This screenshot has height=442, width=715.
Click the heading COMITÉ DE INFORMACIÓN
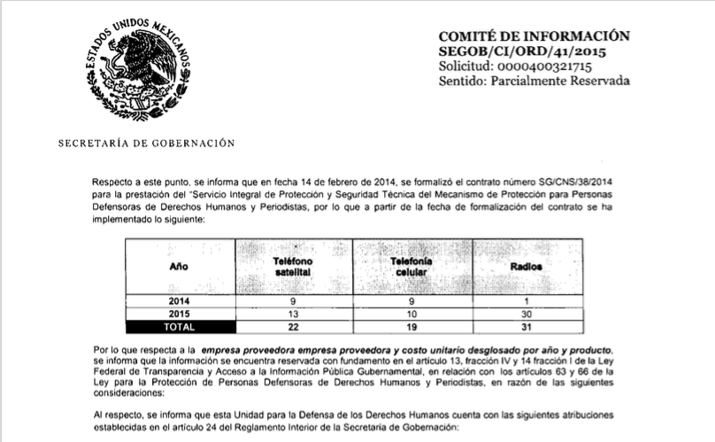[534, 36]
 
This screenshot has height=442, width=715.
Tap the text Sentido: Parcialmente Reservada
[534, 81]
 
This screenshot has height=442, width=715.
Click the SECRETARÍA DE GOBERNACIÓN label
[146, 143]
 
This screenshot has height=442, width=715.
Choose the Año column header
[179, 266]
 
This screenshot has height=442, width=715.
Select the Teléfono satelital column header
[292, 266]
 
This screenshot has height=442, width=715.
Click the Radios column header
[527, 266]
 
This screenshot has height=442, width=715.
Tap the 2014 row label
[180, 301]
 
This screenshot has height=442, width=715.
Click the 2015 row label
[180, 314]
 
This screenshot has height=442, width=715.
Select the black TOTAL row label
[180, 327]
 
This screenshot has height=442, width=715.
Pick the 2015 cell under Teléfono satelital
[292, 314]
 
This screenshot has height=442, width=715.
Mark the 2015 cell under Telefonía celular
[411, 314]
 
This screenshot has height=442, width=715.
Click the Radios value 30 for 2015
[527, 314]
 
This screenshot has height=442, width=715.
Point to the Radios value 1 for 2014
[527, 301]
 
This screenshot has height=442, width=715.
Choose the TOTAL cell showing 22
[292, 327]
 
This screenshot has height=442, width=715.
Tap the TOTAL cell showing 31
[527, 327]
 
